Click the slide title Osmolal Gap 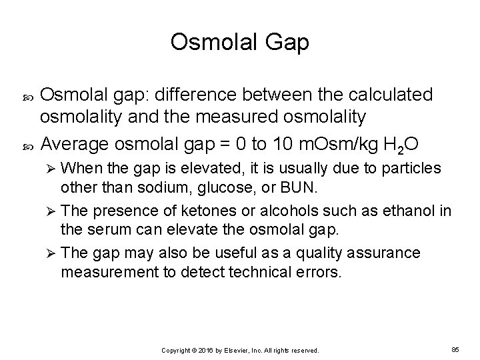[x=239, y=42]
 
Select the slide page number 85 [x=455, y=349]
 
